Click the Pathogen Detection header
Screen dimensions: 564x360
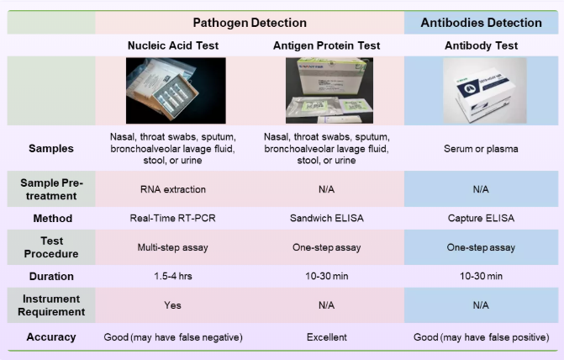point(250,23)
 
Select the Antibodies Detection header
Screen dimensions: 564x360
point(482,23)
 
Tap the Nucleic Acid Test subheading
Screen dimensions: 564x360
point(173,45)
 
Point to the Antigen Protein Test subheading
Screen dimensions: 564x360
point(327,45)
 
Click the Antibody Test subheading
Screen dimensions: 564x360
point(482,45)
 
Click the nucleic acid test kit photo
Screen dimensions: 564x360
point(176,91)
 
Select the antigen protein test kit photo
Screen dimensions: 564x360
point(329,91)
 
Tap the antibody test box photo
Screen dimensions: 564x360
point(484,91)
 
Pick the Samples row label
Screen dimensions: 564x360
point(51,148)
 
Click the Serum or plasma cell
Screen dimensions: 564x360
point(481,149)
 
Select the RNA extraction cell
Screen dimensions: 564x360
point(173,189)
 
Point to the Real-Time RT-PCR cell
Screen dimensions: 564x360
point(172,218)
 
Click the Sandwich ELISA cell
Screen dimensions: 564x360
point(327,218)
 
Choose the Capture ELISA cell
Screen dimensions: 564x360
point(481,218)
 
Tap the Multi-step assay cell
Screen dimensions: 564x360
point(172,247)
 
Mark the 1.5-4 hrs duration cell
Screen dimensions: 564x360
point(173,276)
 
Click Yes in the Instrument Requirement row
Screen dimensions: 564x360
point(172,305)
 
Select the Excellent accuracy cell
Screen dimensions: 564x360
point(327,337)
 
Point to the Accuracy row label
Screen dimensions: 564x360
point(51,337)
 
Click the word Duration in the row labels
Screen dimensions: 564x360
point(51,276)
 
